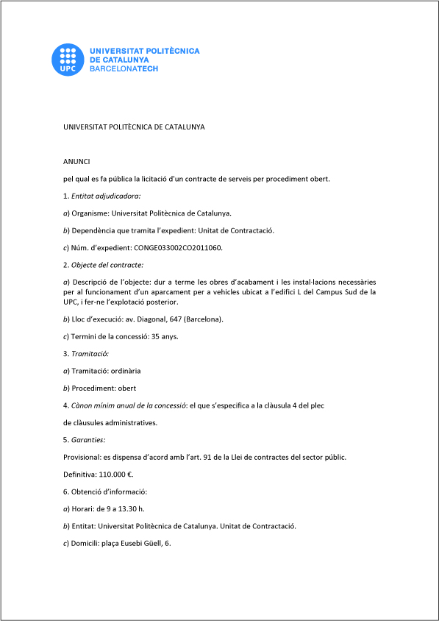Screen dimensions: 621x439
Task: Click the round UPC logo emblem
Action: pos(67,59)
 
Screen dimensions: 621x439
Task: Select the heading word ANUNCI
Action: pos(76,160)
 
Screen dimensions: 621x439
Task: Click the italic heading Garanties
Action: pos(88,439)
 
